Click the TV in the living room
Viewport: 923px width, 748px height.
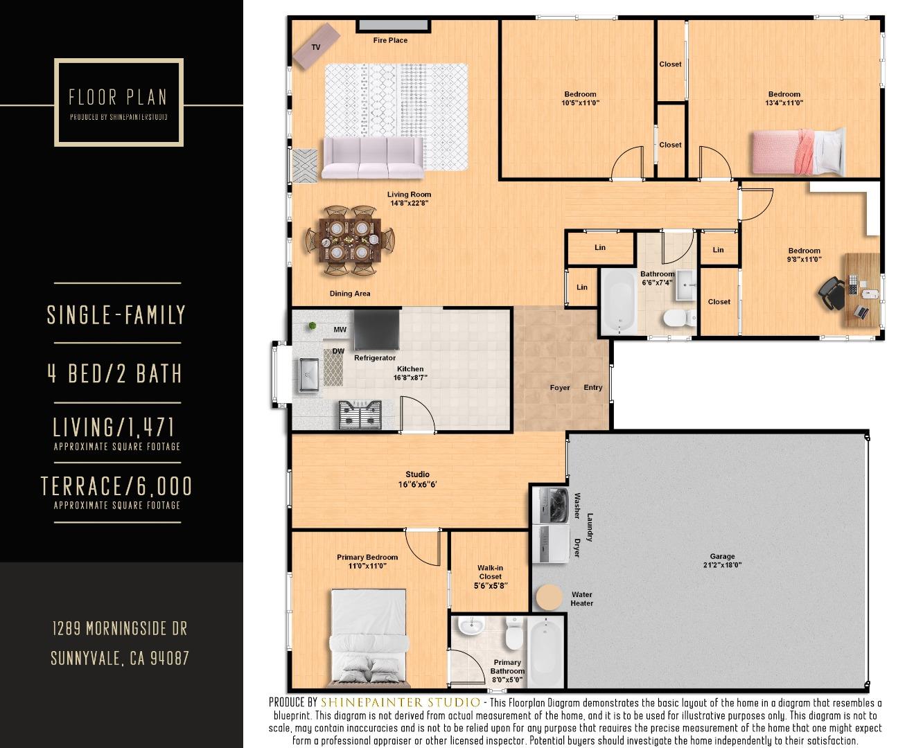[x=316, y=46]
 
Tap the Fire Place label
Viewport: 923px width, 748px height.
[x=390, y=40]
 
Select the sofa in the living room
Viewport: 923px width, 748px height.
[x=373, y=159]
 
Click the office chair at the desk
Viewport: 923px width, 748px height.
[x=832, y=292]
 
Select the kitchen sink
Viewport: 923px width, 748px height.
[x=308, y=375]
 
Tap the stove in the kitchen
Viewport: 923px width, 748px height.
[x=360, y=414]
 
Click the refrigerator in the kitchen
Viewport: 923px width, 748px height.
[x=376, y=330]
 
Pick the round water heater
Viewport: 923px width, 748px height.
[x=549, y=596]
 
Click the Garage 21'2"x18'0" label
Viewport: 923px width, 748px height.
[x=722, y=560]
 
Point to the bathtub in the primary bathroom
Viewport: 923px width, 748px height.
[x=545, y=651]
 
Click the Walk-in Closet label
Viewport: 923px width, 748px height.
[x=490, y=576]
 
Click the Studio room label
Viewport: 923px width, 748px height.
[x=417, y=479]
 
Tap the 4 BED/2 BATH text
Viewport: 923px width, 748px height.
[x=115, y=374]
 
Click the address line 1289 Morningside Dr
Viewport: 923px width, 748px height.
[x=120, y=629]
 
